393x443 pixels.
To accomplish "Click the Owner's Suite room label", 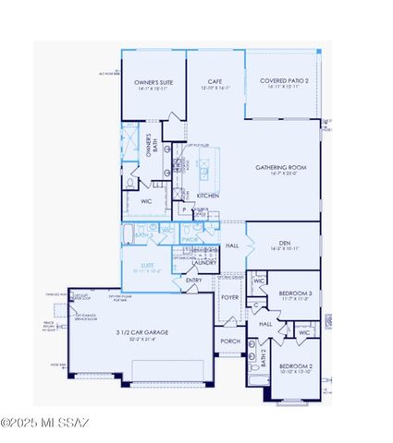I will (154, 82).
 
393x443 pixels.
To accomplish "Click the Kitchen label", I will (207, 196).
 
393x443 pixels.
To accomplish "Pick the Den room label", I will (285, 244).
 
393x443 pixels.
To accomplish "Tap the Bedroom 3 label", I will (298, 293).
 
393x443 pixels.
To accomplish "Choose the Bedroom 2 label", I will (298, 366).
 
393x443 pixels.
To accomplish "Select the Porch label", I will (229, 341).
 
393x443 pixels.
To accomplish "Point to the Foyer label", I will (229, 297).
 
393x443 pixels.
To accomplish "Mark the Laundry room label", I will (204, 262).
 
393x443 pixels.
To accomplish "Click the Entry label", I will (194, 281).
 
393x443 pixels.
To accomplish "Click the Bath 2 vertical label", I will (263, 359).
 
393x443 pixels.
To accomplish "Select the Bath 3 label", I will (141, 236).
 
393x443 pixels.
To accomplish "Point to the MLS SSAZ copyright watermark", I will (46, 424).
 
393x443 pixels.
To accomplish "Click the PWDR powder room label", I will (190, 241).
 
